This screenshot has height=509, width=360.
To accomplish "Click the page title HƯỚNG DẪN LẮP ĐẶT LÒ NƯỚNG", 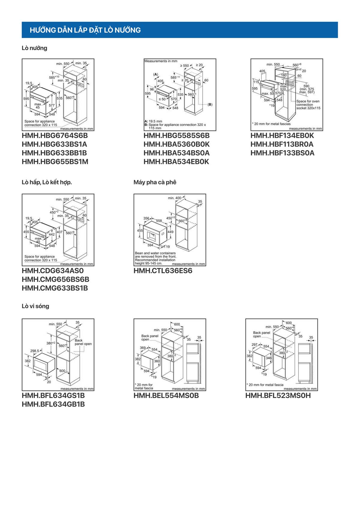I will [x=85, y=30].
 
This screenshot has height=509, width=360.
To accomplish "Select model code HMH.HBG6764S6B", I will [x=55, y=136].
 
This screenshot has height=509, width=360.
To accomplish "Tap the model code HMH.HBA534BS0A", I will [x=176, y=153].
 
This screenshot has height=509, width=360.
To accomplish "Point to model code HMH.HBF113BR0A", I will [x=282, y=144].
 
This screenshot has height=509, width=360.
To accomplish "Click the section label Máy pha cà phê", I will [x=155, y=182].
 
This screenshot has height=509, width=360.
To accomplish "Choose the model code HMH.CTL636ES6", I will [x=163, y=271].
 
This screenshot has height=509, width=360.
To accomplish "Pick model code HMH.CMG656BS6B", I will [x=55, y=280].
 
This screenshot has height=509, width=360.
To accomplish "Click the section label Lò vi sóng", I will [x=35, y=306].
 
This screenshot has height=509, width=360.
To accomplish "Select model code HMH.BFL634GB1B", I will [x=53, y=404].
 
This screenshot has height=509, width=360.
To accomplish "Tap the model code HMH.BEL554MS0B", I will [x=166, y=396].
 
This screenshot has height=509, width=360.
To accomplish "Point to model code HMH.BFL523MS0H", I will [x=278, y=396].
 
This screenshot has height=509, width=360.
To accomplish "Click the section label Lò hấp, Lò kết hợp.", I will [x=47, y=182].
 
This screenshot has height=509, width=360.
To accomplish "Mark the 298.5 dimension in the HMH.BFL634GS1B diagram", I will [x=34, y=351].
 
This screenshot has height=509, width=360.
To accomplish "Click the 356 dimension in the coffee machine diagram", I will [x=146, y=219].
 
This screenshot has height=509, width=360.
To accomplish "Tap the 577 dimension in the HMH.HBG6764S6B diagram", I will [x=52, y=105].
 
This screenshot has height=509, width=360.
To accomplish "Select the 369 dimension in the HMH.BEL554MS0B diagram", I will [x=143, y=348].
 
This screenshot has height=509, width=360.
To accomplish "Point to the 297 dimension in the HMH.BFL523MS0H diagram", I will [x=254, y=345].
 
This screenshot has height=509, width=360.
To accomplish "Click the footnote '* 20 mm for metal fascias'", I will [x=271, y=124].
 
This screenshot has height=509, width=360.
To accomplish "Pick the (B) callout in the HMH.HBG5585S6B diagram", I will [x=210, y=104].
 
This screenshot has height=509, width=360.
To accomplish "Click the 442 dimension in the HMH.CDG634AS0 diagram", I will [x=52, y=235].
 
